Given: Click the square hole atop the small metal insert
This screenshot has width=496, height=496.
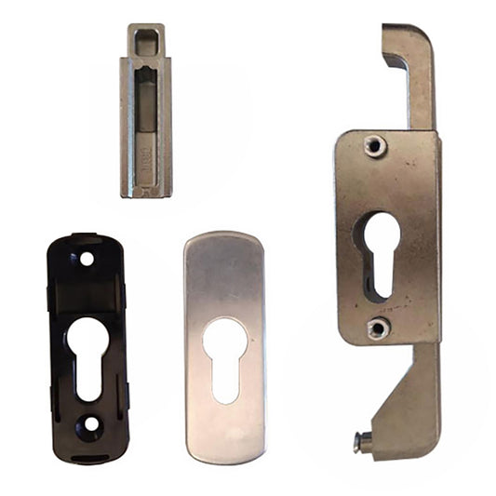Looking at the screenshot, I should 146,40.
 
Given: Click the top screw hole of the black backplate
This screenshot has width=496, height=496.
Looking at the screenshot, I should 87,259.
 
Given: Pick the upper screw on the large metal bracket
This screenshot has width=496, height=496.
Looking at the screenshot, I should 374,145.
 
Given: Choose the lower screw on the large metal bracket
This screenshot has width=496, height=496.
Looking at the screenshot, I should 377,328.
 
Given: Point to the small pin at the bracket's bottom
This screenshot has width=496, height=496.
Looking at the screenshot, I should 360,445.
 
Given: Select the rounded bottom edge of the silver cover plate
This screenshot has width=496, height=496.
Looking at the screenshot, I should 225,456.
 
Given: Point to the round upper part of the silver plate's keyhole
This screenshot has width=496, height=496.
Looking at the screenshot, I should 225,338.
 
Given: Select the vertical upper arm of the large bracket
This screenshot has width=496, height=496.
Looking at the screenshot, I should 418,84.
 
